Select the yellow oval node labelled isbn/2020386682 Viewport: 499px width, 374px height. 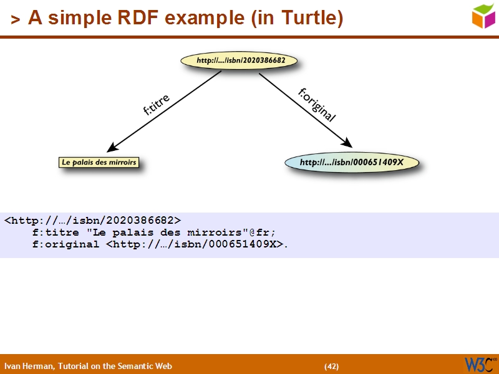[238, 61]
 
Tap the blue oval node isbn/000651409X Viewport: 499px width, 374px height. [352, 163]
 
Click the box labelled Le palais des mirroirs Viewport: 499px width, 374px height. [99, 163]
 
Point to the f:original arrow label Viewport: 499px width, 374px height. [317, 105]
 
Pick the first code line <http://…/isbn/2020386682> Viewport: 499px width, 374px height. [92, 220]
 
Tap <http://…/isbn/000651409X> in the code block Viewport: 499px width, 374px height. [195, 244]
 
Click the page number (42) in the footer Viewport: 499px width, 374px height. [331, 366]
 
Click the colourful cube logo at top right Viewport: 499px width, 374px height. [483, 15]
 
